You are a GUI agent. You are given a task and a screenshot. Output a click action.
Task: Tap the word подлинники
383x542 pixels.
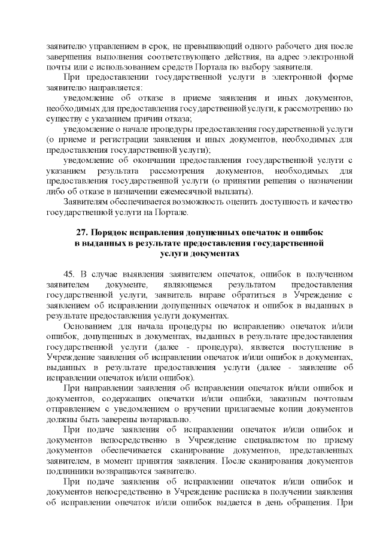tap(68, 471)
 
